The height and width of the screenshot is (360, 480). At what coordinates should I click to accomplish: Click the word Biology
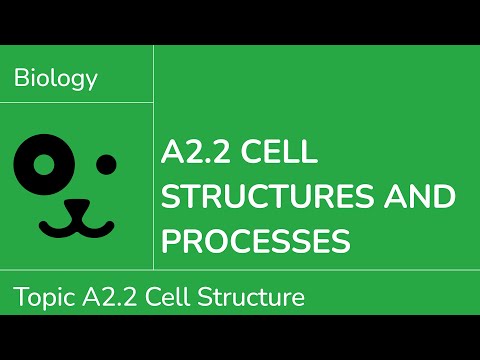point(56,79)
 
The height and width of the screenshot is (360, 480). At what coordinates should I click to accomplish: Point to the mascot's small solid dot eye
point(106,163)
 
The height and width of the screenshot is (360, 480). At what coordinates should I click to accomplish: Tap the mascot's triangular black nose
point(78,207)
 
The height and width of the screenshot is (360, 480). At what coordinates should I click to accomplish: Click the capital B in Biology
point(21,79)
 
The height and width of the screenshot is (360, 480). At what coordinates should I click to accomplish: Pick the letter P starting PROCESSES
point(172,240)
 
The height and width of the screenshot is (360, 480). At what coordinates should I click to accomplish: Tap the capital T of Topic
point(20,297)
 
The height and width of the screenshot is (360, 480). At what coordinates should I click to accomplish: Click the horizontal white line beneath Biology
point(77,102)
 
